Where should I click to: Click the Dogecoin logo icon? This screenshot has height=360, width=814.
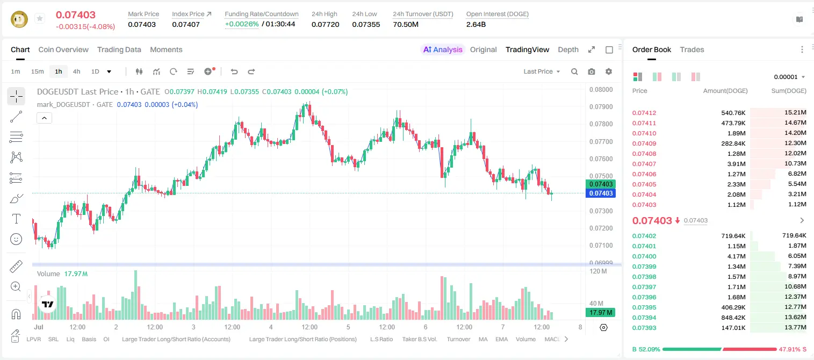[x=19, y=19]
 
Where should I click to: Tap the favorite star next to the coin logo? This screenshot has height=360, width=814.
[x=40, y=18]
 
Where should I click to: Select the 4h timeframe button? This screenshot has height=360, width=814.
[x=76, y=71]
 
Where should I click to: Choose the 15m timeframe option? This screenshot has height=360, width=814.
[x=38, y=71]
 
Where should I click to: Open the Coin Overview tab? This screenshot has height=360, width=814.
[x=63, y=49]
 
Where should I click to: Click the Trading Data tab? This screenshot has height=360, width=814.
[x=119, y=49]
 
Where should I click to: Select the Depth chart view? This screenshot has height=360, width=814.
[x=568, y=49]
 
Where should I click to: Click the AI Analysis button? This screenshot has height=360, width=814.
[x=443, y=49]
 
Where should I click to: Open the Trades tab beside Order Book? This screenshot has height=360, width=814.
[x=692, y=49]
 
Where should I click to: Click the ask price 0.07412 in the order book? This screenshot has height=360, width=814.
[x=644, y=113]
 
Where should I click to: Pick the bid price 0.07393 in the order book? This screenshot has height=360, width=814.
[x=644, y=328]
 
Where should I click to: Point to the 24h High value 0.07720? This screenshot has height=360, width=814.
[x=325, y=24]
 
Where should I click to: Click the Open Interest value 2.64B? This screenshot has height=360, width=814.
[x=476, y=24]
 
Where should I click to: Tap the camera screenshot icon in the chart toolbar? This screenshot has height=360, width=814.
[x=592, y=71]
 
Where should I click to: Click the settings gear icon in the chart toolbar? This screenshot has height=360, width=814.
[x=609, y=71]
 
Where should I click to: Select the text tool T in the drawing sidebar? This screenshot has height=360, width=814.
[x=16, y=219]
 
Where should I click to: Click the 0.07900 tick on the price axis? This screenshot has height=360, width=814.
[x=601, y=107]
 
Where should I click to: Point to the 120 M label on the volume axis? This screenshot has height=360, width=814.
[x=598, y=271]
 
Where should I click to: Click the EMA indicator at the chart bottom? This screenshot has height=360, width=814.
[x=501, y=339]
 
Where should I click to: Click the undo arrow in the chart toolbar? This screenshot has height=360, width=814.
[x=234, y=71]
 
